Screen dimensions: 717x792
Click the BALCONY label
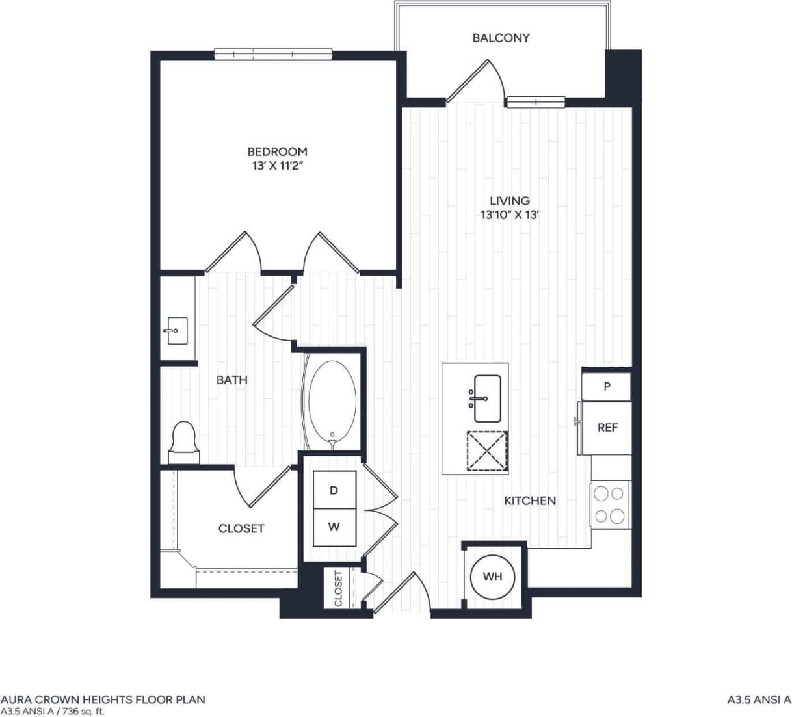pos(501,38)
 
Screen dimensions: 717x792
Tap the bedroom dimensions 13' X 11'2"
pos(277,166)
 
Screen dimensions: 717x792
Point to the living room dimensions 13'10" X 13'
pos(510,215)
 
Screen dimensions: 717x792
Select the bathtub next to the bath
pos(332,402)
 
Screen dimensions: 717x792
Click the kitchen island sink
pos(486,398)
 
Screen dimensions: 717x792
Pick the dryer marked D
pos(334,491)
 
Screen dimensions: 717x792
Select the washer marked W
pos(334,527)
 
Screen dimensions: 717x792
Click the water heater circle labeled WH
pos(492,577)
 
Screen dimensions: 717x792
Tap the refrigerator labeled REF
pos(607,428)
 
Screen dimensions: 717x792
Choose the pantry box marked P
pos(607,387)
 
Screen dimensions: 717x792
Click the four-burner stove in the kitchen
pos(610,505)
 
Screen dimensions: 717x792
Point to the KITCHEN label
pos(530,501)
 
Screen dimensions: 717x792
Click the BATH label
pos(232,380)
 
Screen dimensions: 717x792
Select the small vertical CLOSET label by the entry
pos(338,588)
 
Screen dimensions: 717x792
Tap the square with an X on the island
pos(487,450)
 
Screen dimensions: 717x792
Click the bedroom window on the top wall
pos(274,54)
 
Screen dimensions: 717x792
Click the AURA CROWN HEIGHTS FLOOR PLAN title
pos(103,699)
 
